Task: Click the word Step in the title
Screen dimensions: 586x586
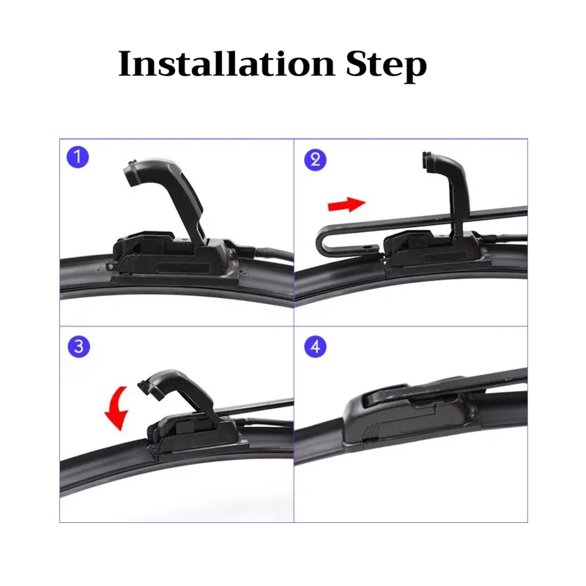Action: tap(387, 66)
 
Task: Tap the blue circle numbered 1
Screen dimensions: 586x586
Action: tap(78, 157)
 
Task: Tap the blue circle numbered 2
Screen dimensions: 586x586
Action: tap(316, 160)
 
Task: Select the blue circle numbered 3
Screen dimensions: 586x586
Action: tap(79, 346)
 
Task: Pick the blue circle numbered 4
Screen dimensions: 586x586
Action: tap(316, 346)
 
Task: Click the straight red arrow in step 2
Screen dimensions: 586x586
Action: tap(346, 204)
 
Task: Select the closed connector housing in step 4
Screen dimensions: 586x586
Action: tap(407, 415)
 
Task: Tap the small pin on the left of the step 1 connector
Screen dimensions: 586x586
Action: tap(110, 267)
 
